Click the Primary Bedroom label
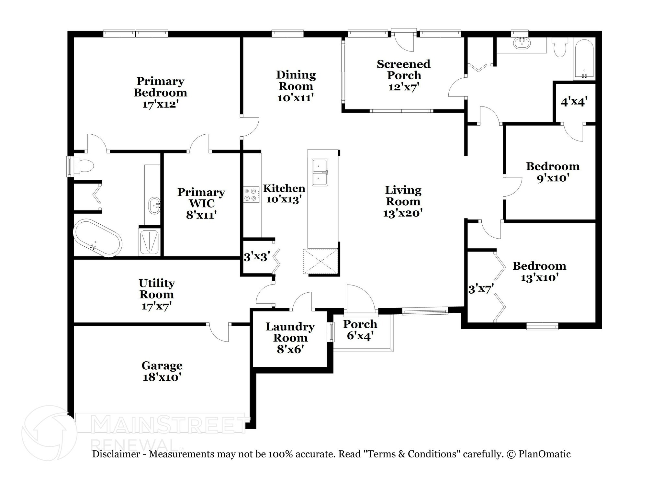click(x=160, y=87)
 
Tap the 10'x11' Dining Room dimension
click(x=296, y=97)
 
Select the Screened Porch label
click(x=404, y=69)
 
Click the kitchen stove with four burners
click(x=252, y=195)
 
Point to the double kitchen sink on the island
click(x=320, y=172)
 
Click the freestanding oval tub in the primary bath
click(x=97, y=238)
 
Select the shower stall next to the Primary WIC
click(x=149, y=241)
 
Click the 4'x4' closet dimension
click(x=574, y=102)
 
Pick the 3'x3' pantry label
click(x=257, y=257)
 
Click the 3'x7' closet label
click(x=481, y=289)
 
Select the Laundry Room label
click(x=290, y=332)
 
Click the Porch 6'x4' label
click(x=360, y=330)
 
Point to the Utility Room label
click(x=157, y=289)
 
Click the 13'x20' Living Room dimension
click(x=403, y=213)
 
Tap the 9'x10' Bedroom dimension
click(x=553, y=178)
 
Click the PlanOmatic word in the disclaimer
click(x=545, y=454)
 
